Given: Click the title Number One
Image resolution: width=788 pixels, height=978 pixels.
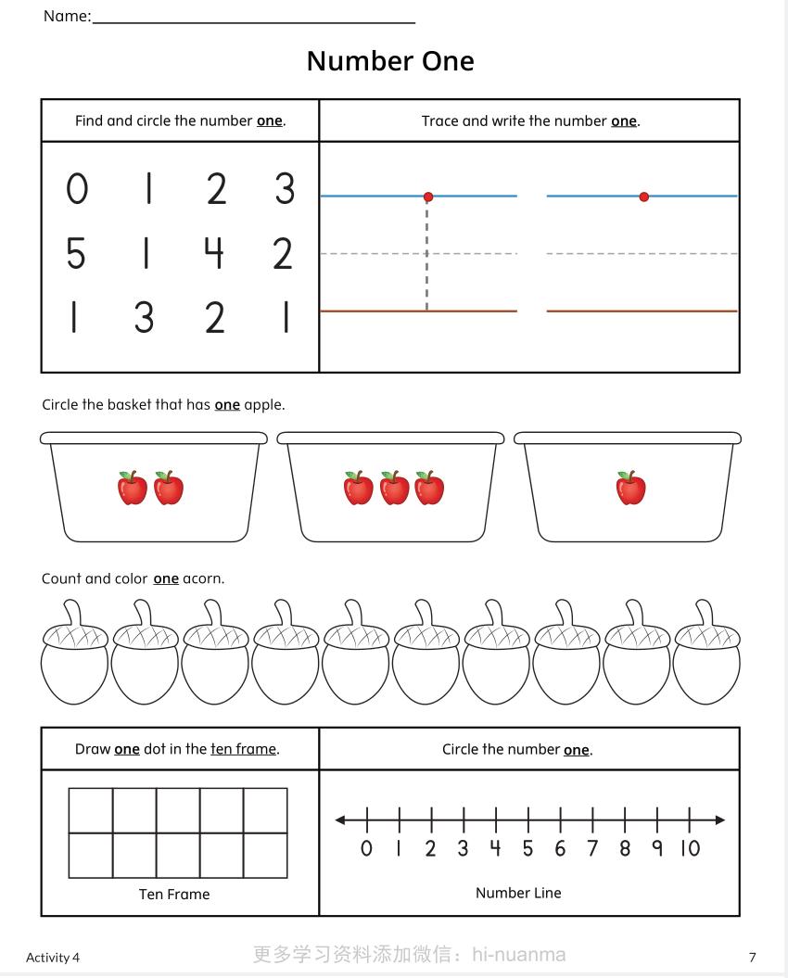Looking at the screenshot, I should [390, 61].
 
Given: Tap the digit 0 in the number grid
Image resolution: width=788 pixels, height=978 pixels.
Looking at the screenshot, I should [77, 189].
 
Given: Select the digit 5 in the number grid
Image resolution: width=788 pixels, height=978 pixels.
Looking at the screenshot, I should [76, 253].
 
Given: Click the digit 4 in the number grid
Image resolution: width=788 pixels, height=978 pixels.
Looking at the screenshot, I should [214, 253].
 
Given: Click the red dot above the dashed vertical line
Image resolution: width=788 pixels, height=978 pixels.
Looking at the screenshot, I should [428, 197].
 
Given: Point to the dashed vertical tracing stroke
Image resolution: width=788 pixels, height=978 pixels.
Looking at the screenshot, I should [426, 255].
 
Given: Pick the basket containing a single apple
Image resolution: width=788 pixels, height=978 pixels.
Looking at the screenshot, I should [629, 489].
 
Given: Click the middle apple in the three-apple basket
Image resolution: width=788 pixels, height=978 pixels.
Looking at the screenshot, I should [394, 488].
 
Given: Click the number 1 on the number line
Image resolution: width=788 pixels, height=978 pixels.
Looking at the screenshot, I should [399, 848].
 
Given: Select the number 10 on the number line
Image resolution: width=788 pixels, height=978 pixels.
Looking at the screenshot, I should [690, 848].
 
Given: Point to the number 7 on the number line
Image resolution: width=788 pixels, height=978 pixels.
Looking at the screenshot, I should [592, 848].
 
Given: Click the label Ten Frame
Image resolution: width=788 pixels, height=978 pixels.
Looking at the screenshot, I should [174, 895].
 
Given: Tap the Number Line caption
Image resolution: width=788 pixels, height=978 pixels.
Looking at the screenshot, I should [518, 893].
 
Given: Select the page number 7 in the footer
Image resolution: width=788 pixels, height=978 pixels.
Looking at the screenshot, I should [753, 957].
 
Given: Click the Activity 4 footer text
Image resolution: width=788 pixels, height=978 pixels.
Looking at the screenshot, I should [53, 957].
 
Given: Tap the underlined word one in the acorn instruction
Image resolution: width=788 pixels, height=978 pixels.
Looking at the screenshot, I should [166, 578].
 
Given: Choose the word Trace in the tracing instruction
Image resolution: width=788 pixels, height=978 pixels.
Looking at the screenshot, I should [439, 121].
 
